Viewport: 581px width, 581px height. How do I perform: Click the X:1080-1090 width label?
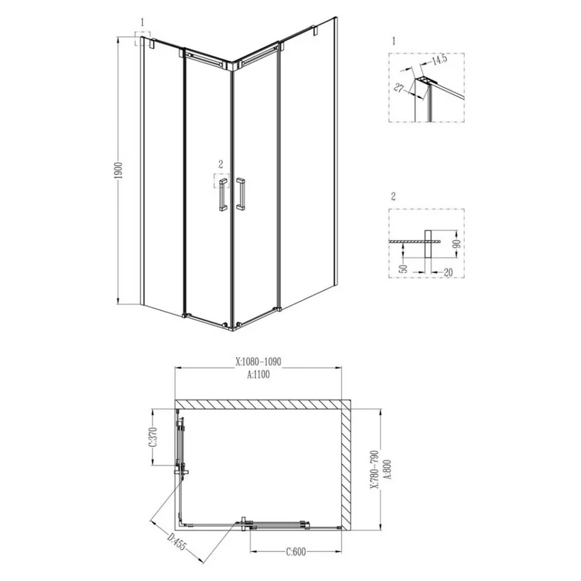point(259,359)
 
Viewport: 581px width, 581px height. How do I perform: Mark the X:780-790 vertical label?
point(373,465)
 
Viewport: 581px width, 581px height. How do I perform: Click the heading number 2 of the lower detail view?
point(393,197)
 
